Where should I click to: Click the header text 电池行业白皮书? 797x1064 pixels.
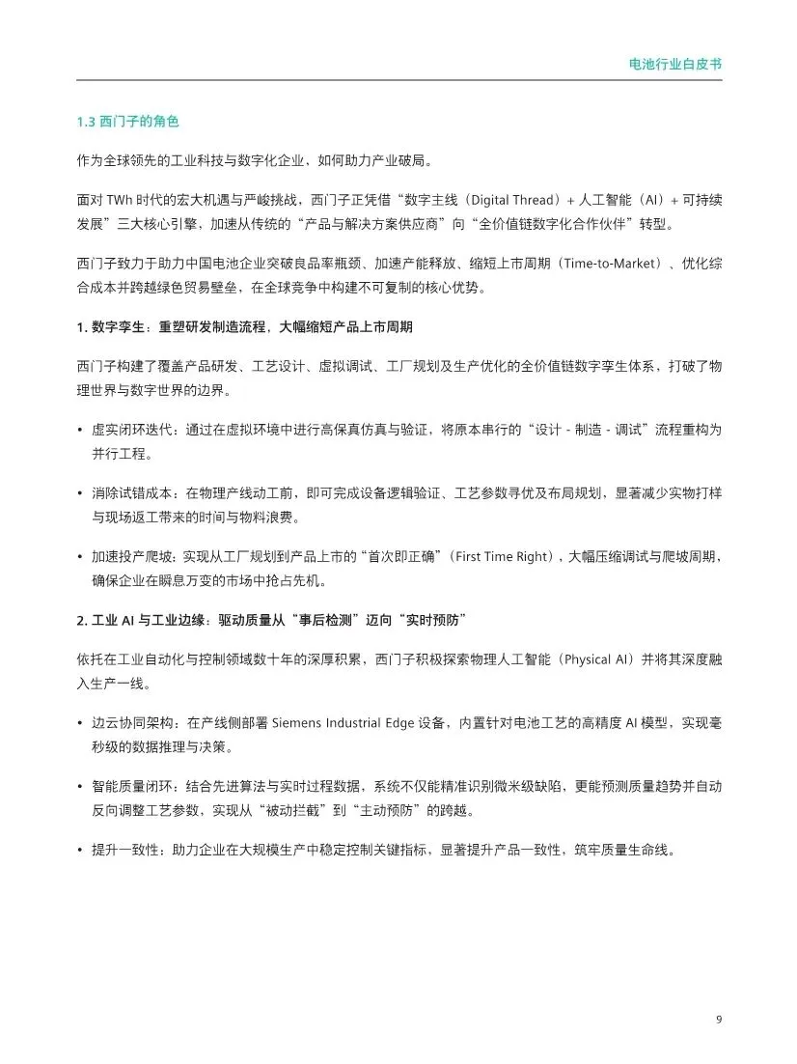pos(674,65)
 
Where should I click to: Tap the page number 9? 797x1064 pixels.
pos(719,1020)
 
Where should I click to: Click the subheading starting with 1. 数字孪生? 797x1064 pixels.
pos(245,326)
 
